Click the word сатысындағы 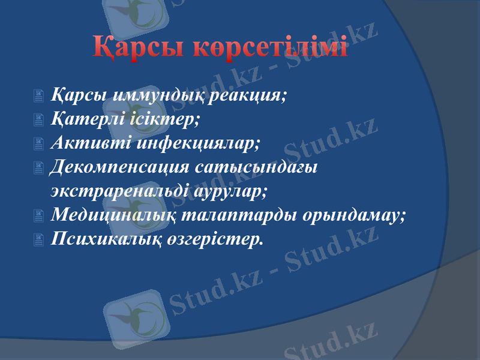point(260,167)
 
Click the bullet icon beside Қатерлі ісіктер point(39,120)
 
